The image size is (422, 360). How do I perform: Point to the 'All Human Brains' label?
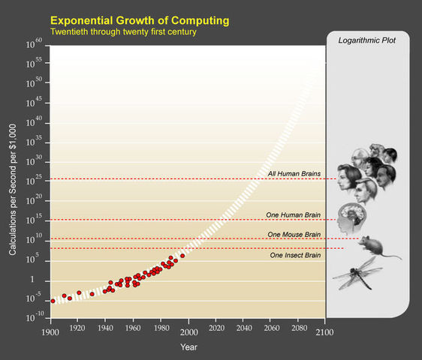pyautogui.click(x=294, y=174)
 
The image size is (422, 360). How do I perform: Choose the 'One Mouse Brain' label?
pyautogui.click(x=294, y=235)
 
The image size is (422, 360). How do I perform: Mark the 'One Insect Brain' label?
pyautogui.click(x=295, y=255)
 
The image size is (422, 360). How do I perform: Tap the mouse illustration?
pyautogui.click(x=375, y=246)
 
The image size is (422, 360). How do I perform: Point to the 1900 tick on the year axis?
pyautogui.click(x=51, y=331)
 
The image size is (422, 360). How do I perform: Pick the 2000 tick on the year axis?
pyautogui.click(x=188, y=331)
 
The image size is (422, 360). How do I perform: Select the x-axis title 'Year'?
pyautogui.click(x=188, y=346)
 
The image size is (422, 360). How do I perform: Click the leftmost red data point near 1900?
pyautogui.click(x=53, y=301)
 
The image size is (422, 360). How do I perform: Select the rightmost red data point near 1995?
pyautogui.click(x=182, y=256)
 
